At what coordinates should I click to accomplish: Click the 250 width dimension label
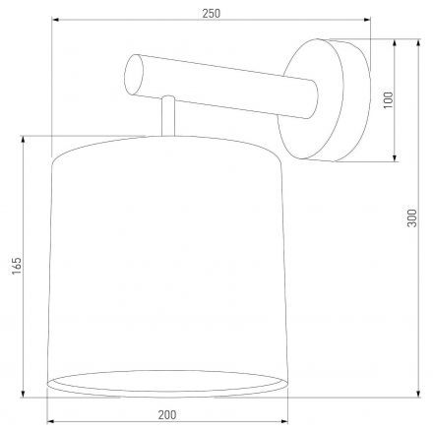pyautogui.click(x=210, y=13)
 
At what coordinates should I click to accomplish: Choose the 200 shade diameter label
pyautogui.click(x=165, y=415)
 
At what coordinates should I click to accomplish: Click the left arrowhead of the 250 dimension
pyautogui.click(x=52, y=22)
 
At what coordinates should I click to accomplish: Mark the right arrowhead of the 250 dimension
pyautogui.click(x=368, y=22)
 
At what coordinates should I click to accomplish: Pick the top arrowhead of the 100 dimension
pyautogui.click(x=397, y=42)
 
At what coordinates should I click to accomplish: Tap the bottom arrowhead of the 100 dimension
pyautogui.click(x=397, y=155)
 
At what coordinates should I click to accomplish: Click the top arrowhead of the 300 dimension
pyautogui.click(x=420, y=42)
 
